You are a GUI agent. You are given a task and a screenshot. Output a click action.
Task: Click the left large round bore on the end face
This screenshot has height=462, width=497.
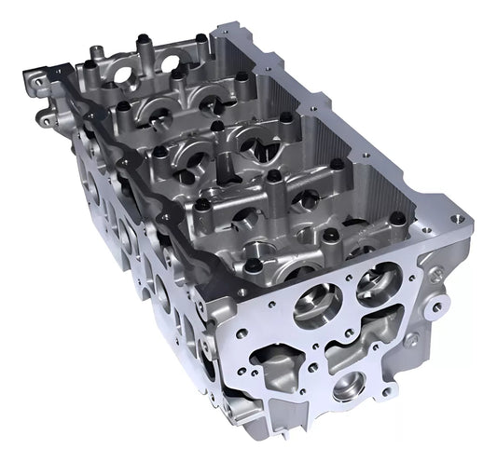tap(315, 306)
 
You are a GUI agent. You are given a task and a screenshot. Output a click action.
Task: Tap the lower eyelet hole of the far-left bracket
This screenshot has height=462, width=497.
tap(44, 117)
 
